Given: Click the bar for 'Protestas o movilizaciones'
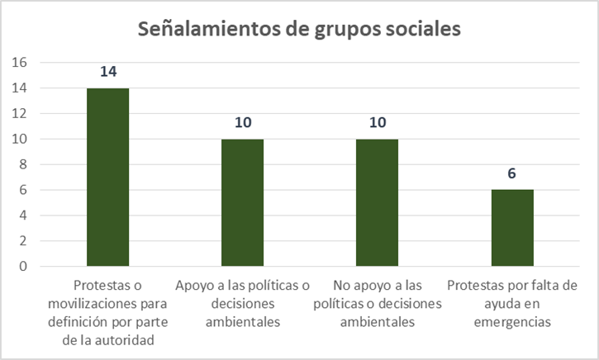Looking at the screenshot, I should point(107,177).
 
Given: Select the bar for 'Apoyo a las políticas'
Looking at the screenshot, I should point(242,202).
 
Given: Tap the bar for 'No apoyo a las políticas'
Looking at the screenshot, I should point(378,202).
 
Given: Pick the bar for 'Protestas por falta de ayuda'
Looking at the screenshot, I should point(512,228).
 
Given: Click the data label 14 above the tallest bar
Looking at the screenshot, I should point(107,71).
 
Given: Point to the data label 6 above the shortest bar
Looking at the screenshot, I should point(512,173).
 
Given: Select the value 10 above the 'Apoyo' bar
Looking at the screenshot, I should point(242,122).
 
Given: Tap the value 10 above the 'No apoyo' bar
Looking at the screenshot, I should point(378,122).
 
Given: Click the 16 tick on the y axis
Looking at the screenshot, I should point(21,63).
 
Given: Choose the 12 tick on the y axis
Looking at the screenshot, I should point(21,114).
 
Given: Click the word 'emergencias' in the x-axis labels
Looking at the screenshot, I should point(512,321).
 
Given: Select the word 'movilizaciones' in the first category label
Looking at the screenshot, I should point(100,304).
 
